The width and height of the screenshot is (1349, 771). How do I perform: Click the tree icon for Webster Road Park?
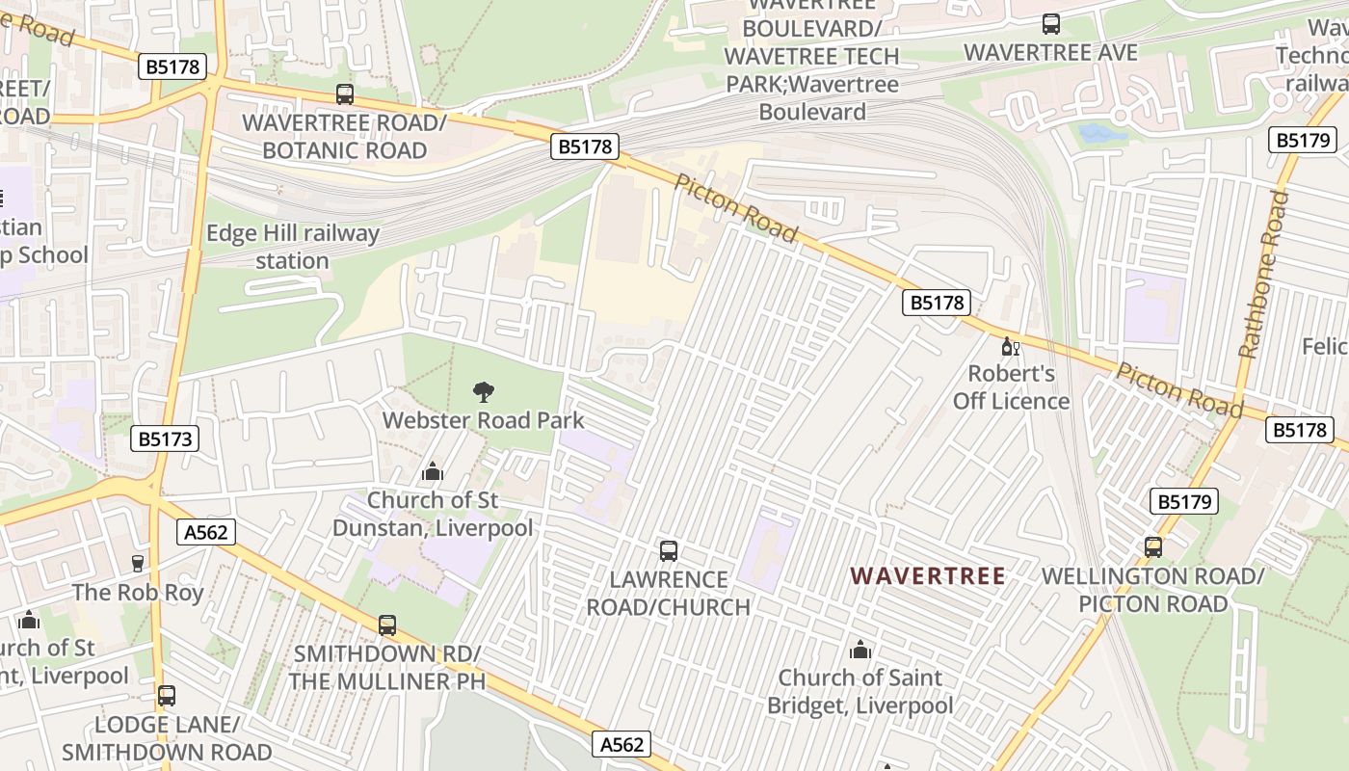[484, 391]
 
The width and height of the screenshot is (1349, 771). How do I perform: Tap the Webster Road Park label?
[484, 420]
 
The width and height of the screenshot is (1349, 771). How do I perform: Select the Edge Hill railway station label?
[293, 247]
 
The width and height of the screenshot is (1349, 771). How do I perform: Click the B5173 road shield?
[165, 439]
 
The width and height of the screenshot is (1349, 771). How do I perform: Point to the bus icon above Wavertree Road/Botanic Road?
[345, 94]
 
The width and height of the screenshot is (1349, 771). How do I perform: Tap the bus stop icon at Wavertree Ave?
[1051, 24]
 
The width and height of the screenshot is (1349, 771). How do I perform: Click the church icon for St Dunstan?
[433, 471]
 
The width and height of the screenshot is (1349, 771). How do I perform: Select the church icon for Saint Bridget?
[860, 650]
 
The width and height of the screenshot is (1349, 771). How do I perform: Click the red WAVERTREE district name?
[928, 576]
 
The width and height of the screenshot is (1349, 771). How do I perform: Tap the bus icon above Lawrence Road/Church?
[669, 551]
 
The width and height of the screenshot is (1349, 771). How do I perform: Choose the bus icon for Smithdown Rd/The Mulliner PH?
[387, 625]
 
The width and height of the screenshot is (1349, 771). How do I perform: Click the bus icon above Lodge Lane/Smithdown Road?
[167, 695]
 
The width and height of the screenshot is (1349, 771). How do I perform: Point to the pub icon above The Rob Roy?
[138, 564]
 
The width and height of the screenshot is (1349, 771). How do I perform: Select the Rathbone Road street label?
[1263, 275]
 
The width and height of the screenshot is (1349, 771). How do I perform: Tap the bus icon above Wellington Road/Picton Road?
[1153, 547]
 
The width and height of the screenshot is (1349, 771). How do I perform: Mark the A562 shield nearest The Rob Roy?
[207, 531]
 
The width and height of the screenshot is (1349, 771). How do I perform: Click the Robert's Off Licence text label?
[1012, 386]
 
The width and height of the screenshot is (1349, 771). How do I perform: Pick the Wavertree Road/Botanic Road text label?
[344, 137]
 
